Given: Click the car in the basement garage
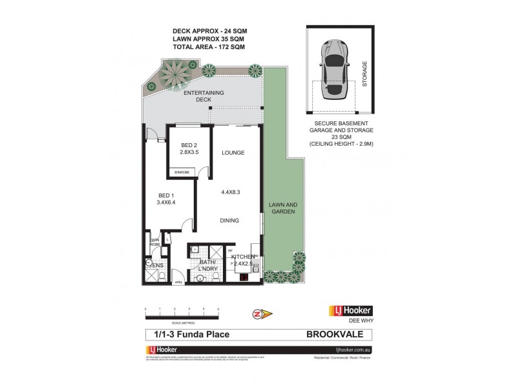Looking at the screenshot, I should pyautogui.click(x=335, y=69).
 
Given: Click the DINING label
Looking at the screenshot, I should pyautogui.click(x=229, y=221).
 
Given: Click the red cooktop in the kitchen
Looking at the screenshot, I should pyautogui.click(x=244, y=279).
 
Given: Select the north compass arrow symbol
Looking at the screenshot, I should pyautogui.click(x=262, y=314).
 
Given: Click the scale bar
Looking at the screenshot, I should pyautogui.click(x=183, y=313).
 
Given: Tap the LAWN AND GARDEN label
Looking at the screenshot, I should pyautogui.click(x=282, y=208).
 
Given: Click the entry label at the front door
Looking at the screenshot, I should pyautogui.click(x=178, y=281).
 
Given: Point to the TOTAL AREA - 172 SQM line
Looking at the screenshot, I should pyautogui.click(x=204, y=47).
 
